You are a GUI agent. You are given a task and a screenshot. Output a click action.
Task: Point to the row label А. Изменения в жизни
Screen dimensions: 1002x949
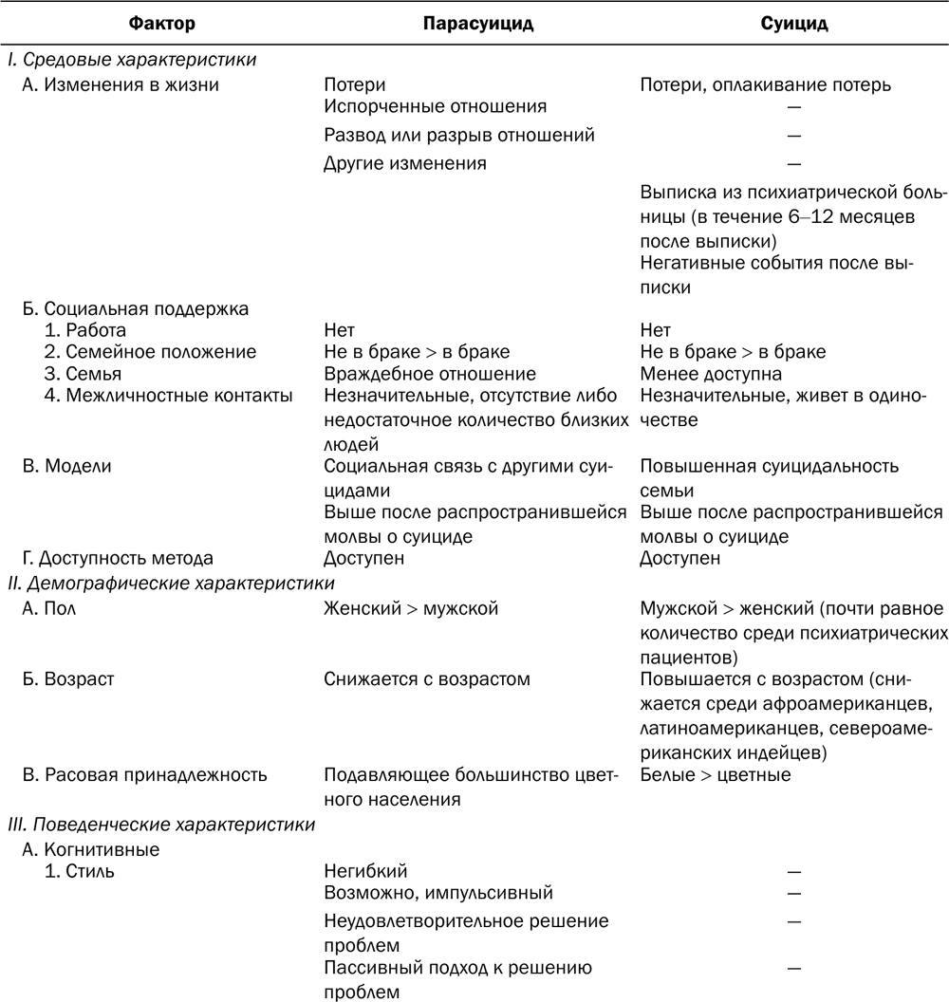click(x=121, y=85)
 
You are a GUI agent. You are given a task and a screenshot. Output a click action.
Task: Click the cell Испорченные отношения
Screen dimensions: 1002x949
click(x=435, y=107)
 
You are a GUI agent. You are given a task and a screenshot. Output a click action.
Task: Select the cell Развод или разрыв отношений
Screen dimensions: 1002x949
click(x=459, y=135)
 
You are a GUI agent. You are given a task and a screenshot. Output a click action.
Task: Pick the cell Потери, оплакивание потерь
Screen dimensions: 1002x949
click(x=766, y=85)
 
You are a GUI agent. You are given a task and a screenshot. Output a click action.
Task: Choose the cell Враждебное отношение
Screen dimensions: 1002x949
click(x=430, y=374)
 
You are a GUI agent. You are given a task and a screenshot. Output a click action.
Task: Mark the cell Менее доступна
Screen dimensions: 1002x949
click(x=711, y=374)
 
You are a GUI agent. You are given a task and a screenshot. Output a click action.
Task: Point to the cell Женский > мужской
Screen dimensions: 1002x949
click(x=411, y=608)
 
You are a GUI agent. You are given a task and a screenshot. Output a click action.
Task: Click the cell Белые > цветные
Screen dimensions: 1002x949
click(x=716, y=774)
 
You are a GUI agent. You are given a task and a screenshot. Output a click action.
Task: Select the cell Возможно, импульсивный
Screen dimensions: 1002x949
click(x=437, y=893)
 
